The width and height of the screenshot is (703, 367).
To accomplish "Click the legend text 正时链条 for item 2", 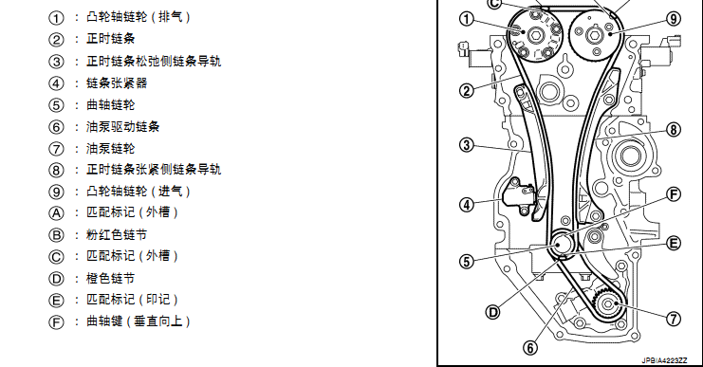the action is point(110,39).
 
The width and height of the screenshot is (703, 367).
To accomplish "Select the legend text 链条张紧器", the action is point(117,83).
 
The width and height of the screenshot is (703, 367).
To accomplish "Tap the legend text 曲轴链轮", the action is point(110,105).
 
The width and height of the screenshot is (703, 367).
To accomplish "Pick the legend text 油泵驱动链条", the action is point(122,127).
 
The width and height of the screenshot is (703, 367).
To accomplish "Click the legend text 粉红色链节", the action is point(117,234).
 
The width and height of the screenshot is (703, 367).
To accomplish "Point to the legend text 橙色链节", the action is point(110,278).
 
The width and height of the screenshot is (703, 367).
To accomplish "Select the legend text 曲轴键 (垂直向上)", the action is point(139,321).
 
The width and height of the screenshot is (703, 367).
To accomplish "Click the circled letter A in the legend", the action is point(56,213).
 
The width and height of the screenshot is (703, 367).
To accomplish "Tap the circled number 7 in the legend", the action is point(56,149).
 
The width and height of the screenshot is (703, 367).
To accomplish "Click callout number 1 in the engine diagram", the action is point(467,19).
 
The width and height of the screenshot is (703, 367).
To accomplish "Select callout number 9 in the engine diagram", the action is point(674,19).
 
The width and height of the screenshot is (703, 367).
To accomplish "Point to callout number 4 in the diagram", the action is point(467,205).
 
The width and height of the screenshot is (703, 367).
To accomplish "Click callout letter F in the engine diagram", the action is point(674,194).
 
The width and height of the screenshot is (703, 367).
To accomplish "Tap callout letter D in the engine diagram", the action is point(492,312).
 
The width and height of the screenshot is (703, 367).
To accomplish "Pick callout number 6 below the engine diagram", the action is point(530,348).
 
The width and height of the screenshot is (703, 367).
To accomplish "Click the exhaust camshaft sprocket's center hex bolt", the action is point(535,35).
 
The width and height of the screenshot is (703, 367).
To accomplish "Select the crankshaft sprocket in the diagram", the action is point(562,244).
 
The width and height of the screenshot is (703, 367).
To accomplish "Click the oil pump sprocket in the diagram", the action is point(607,304).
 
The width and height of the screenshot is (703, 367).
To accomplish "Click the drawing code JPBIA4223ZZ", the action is point(664,360).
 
